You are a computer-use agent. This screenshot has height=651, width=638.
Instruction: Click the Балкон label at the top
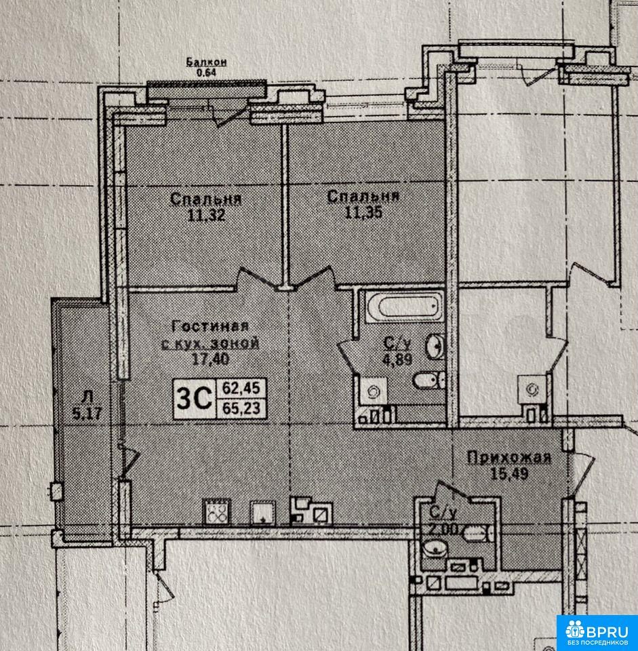206,62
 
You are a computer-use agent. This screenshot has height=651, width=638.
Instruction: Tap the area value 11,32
206,215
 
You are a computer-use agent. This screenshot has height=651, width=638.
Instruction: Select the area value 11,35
363,212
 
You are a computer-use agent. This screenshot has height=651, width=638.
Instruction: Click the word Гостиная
210,326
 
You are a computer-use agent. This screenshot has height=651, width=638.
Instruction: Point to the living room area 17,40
210,359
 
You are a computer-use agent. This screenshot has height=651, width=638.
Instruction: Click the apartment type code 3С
195,399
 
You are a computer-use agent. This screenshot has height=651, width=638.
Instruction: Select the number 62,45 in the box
241,388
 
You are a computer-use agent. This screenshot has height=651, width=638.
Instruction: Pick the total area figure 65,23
241,408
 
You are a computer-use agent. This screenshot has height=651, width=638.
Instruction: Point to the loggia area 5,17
86,414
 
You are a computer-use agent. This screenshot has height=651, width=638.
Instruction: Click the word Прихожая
509,458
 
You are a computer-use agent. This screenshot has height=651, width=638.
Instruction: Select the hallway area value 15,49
509,474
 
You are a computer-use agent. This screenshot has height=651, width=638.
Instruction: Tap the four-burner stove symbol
217,511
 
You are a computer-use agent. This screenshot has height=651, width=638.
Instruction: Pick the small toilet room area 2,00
443,529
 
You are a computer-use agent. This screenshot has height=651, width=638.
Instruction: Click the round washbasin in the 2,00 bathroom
435,548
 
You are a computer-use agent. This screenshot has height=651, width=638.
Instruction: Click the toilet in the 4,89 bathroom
428,380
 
